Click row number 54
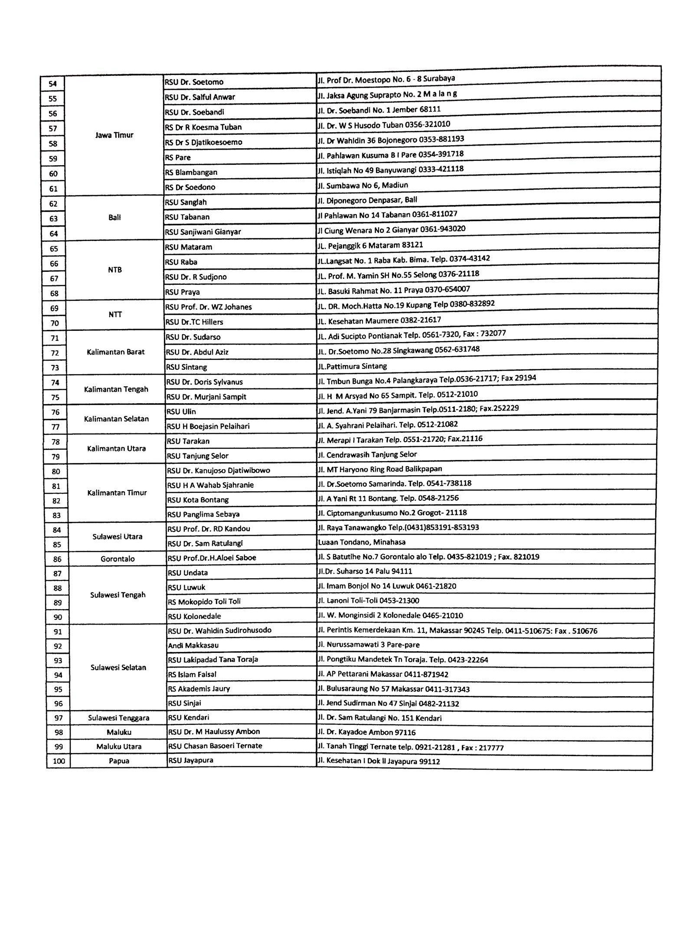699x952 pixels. [52, 84]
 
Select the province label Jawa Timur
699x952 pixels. [114, 135]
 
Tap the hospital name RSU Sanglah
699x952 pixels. [186, 202]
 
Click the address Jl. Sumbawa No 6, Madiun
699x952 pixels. [363, 186]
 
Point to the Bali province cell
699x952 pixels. [114, 218]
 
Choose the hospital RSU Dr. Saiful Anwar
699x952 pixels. [200, 97]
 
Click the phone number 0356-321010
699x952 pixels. [428, 124]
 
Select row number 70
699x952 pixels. [54, 323]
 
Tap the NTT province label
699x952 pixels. [115, 315]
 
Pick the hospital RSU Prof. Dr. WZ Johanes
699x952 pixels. [208, 307]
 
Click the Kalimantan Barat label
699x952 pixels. [115, 352]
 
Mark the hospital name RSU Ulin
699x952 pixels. [181, 411]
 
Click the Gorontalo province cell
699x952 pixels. [118, 559]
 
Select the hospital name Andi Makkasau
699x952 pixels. [193, 645]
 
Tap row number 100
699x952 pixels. [59, 761]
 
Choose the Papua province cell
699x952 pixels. [119, 761]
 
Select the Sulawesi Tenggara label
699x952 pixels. [119, 718]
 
